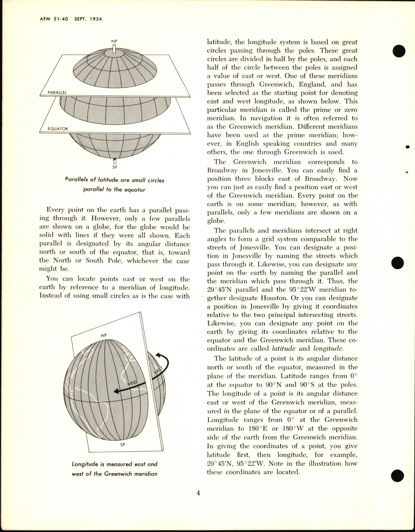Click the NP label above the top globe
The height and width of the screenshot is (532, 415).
(x=114, y=41)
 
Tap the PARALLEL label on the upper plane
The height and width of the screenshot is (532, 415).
(x=57, y=92)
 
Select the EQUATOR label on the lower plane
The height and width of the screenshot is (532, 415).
(x=57, y=128)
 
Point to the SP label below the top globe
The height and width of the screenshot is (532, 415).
(x=115, y=167)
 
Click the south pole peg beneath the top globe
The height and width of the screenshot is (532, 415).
(x=115, y=161)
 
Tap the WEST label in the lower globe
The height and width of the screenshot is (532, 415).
(x=132, y=383)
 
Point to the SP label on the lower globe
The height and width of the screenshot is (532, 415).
(x=123, y=445)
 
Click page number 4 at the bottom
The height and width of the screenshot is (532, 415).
(x=198, y=493)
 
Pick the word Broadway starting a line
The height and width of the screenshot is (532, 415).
(x=222, y=170)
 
